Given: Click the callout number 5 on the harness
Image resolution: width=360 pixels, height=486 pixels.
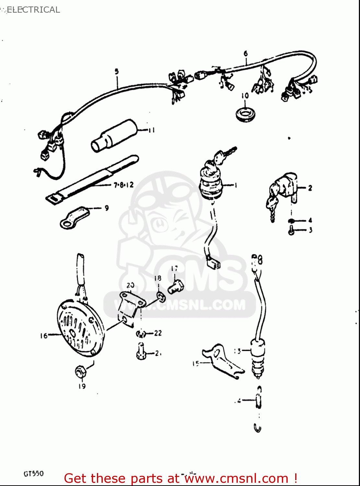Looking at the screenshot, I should click(x=117, y=72).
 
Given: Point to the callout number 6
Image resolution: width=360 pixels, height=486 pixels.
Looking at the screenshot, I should click(x=246, y=53).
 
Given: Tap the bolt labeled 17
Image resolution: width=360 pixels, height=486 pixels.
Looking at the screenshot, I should click(x=176, y=287).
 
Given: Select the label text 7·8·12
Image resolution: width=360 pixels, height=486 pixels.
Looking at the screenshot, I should click(x=123, y=185).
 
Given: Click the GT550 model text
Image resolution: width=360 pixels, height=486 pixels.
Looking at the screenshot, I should click(x=33, y=473).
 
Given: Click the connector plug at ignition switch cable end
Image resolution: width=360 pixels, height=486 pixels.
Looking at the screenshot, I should click(x=213, y=262).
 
